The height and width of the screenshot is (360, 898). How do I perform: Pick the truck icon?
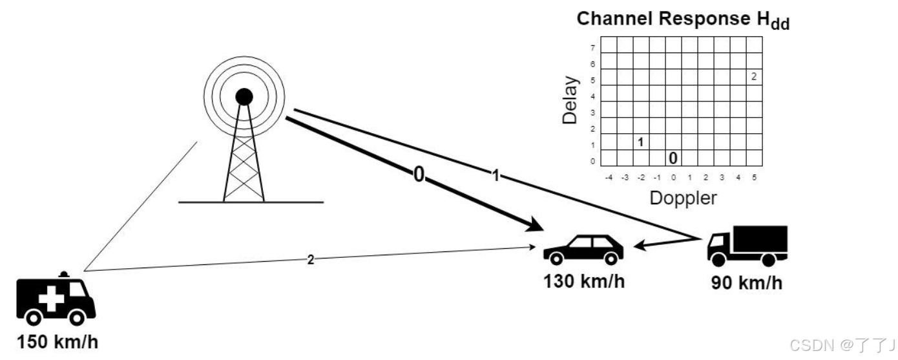[747, 246]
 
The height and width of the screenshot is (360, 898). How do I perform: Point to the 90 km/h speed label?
[746, 282]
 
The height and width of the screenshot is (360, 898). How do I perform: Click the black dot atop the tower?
[244, 97]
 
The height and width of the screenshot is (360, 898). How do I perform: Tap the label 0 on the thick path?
[419, 175]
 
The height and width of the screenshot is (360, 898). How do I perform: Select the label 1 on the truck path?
[496, 176]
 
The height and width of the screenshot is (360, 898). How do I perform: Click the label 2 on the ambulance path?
[311, 260]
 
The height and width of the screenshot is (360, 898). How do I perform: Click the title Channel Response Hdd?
[683, 19]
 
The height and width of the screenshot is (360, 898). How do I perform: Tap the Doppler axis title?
[683, 198]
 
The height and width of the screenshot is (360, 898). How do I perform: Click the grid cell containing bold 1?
[641, 142]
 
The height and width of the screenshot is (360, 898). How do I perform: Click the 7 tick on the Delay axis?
[592, 48]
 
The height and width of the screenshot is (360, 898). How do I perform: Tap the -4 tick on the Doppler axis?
[608, 176]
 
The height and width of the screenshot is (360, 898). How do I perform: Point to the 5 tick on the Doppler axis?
[754, 176]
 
